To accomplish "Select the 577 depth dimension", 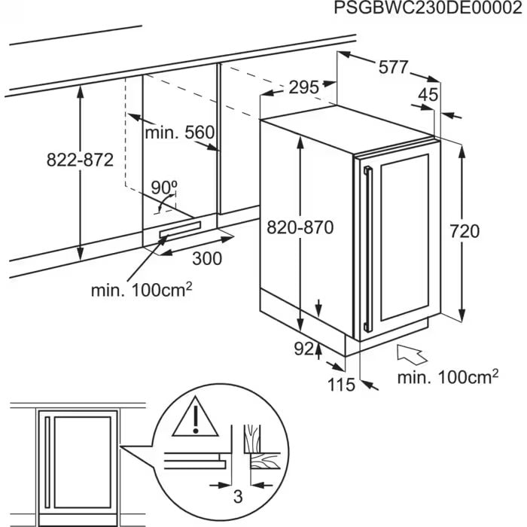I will click(391, 68).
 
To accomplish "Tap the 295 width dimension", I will click(303, 87).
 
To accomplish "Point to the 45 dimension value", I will click(428, 95).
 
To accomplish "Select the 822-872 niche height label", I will click(79, 160).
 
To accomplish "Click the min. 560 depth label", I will click(180, 133).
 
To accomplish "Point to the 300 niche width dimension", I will click(207, 258).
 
